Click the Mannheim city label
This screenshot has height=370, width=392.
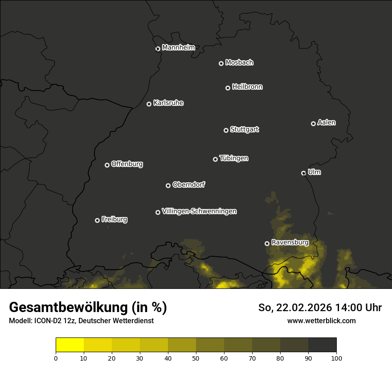[178, 48]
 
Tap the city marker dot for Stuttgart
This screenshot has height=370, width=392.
[226, 130]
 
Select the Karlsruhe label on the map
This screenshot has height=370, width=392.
[168, 103]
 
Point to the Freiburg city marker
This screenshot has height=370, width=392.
[97, 220]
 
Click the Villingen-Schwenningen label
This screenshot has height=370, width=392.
[199, 211]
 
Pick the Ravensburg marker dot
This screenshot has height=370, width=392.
[267, 243]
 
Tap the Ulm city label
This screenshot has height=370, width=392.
[314, 172]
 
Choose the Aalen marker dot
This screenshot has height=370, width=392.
[313, 123]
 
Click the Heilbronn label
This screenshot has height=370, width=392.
[247, 87]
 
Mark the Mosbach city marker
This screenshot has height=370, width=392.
[221, 63]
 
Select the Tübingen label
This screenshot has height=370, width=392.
[234, 158]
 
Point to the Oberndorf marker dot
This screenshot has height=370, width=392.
[168, 185]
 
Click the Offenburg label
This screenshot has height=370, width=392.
[127, 164]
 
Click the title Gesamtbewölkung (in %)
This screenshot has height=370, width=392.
[88, 308]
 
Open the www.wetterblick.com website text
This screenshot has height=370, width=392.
[321, 321]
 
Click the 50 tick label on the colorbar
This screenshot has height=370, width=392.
[196, 358]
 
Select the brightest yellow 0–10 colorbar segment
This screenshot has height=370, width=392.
[70, 345]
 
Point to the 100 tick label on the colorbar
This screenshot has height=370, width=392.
[336, 358]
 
